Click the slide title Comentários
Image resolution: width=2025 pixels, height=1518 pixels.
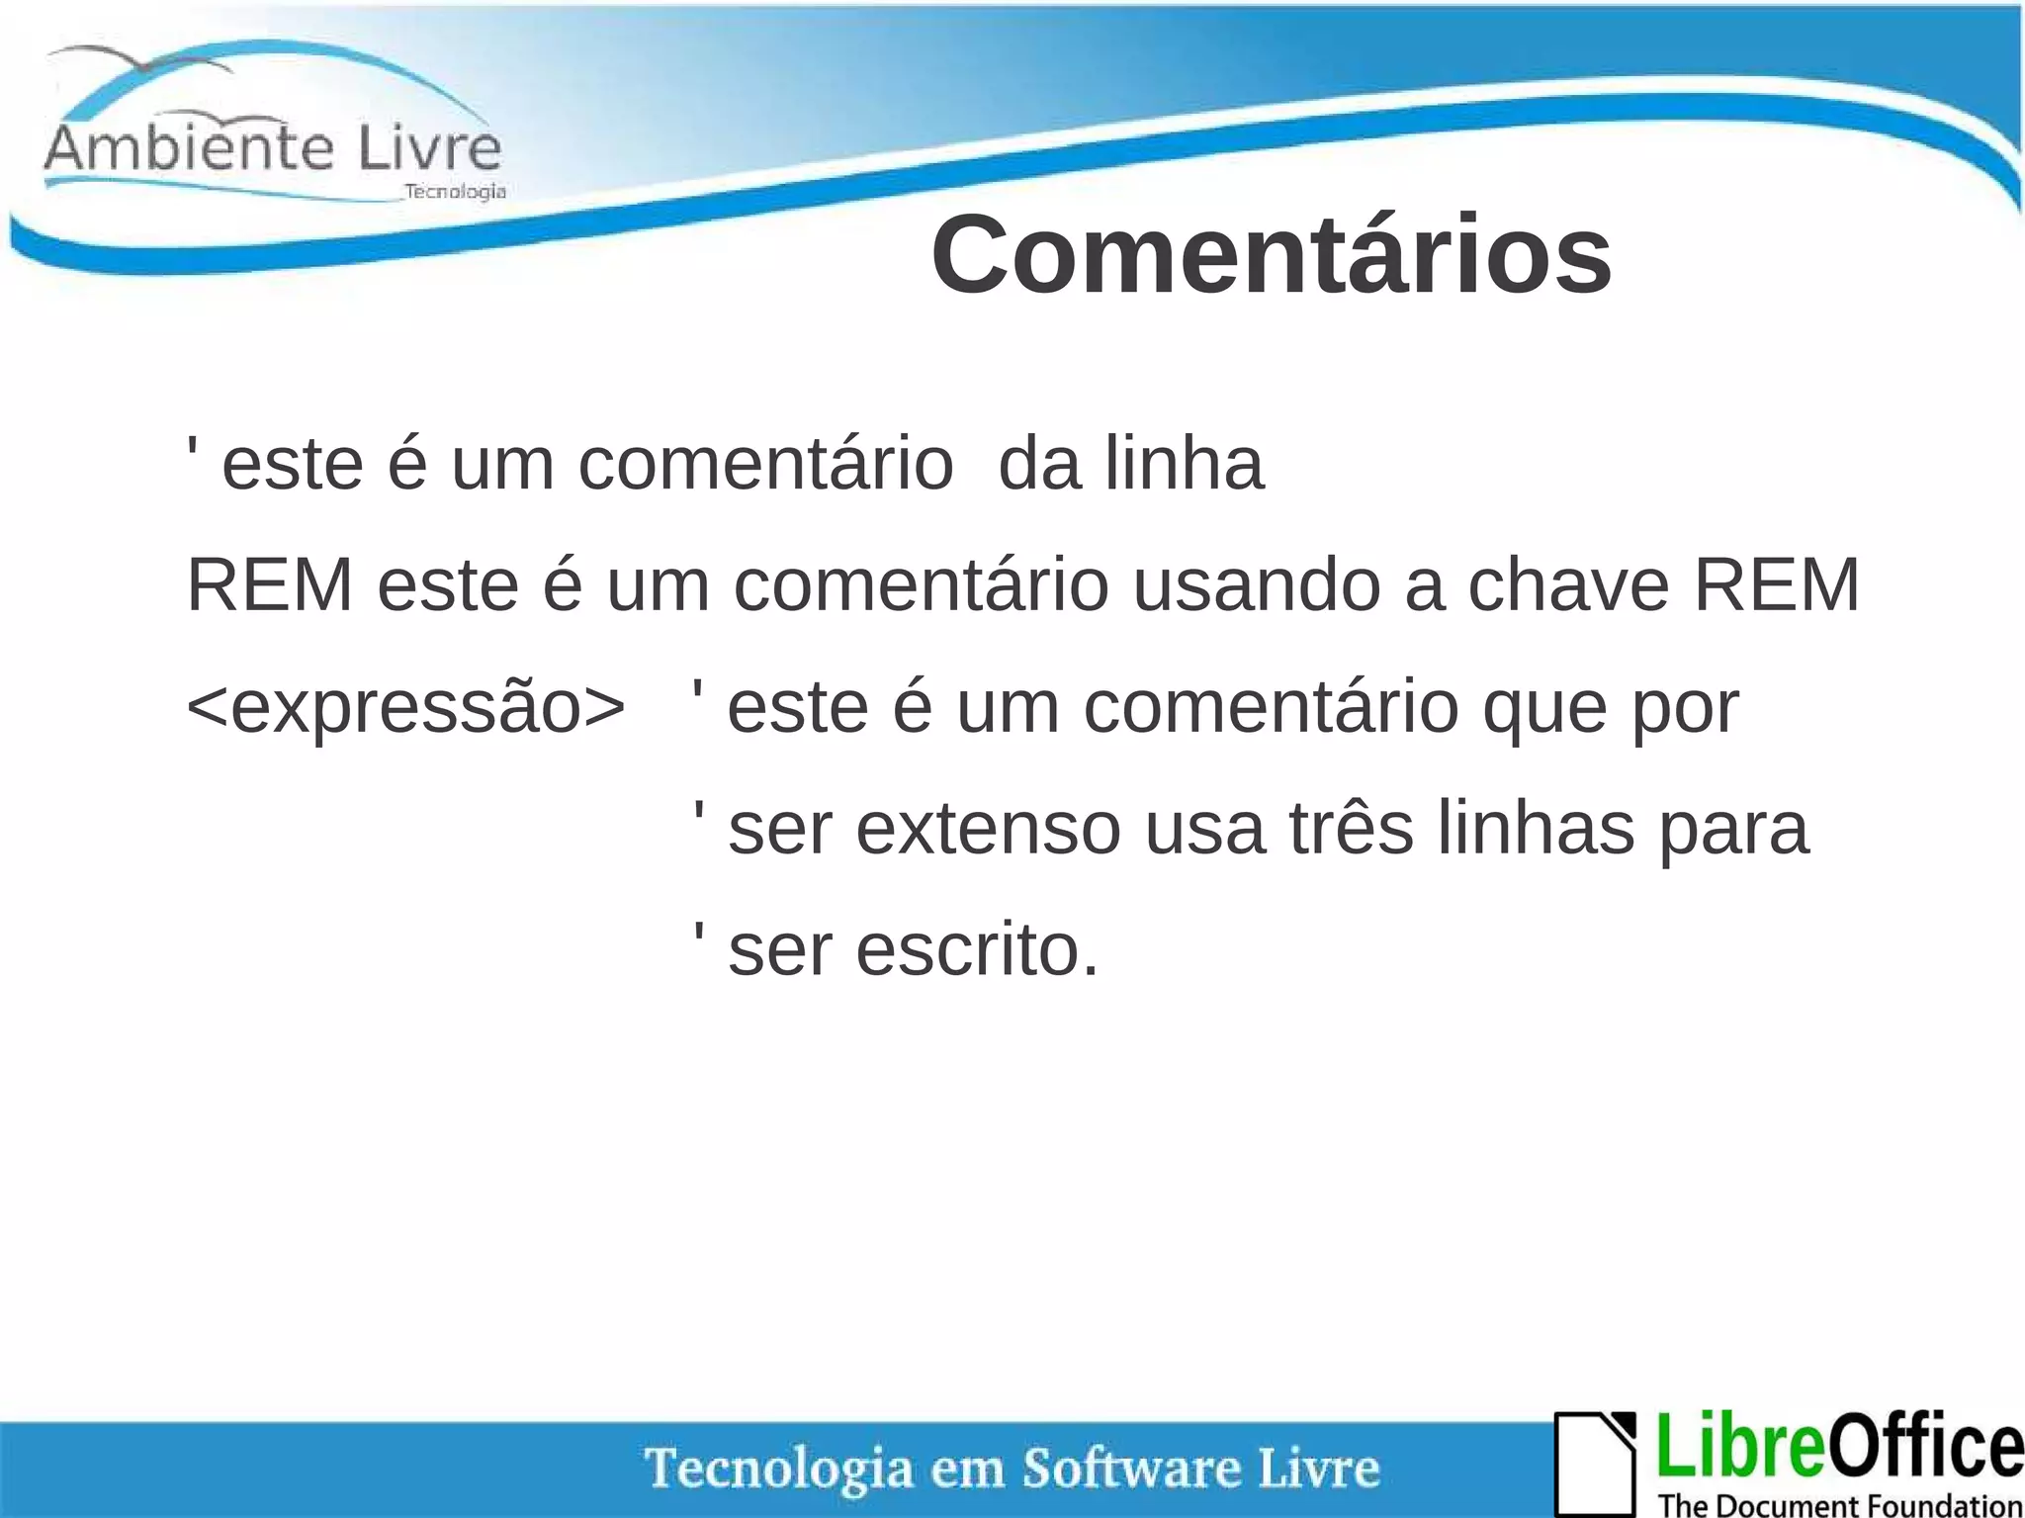[x=1271, y=255]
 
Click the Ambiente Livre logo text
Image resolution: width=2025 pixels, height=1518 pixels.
[x=273, y=148]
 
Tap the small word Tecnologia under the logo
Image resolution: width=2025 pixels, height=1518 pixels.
[x=455, y=191]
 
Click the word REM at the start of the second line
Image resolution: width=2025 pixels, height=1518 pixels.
[x=269, y=585]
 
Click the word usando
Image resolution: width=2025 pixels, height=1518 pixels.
[x=1257, y=585]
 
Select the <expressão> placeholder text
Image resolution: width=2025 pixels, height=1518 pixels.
[x=405, y=708]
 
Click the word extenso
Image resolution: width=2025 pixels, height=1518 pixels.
[x=988, y=829]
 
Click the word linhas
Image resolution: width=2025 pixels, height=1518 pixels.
[x=1536, y=829]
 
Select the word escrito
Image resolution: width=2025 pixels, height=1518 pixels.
[x=977, y=950]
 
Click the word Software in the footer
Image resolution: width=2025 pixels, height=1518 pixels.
[x=1131, y=1468]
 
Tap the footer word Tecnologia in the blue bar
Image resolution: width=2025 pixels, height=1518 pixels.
[x=779, y=1468]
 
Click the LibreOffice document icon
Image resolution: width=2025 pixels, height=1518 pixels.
[x=1595, y=1464]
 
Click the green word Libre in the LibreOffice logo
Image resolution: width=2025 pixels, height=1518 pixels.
[x=1739, y=1446]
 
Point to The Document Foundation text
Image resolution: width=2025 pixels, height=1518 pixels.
[x=1840, y=1505]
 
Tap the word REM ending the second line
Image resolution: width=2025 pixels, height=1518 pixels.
[x=1777, y=585]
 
